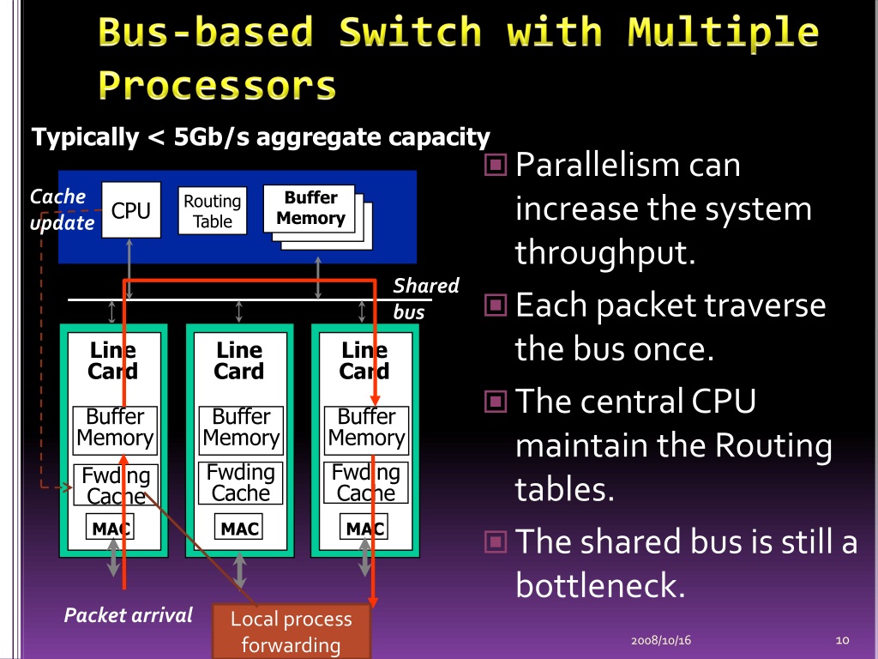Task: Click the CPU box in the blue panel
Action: click(x=130, y=210)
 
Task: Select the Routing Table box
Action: click(x=213, y=211)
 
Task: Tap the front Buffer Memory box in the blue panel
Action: click(x=310, y=209)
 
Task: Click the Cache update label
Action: click(x=60, y=209)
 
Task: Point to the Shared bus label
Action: click(x=425, y=298)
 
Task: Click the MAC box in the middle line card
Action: click(x=239, y=529)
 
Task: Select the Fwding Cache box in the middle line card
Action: click(x=241, y=482)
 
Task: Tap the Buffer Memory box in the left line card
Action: click(x=115, y=428)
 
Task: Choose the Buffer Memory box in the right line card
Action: click(x=366, y=428)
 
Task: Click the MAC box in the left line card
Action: click(x=111, y=529)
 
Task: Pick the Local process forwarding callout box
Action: click(x=291, y=632)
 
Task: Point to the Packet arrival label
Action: click(x=129, y=614)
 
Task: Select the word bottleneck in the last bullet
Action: click(x=599, y=586)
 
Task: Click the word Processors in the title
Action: click(x=216, y=86)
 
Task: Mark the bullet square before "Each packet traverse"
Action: click(x=496, y=305)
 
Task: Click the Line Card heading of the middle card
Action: click(x=239, y=360)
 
